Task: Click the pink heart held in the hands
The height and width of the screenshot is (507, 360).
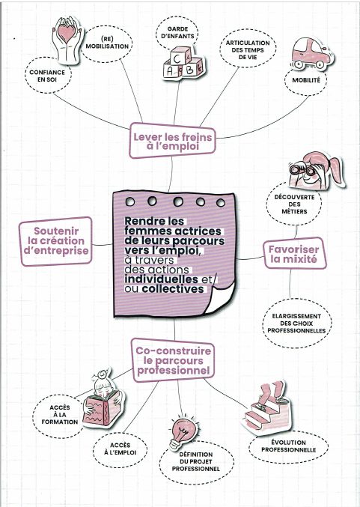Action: coord(67,33)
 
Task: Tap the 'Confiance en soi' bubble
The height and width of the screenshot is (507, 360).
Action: coord(47,76)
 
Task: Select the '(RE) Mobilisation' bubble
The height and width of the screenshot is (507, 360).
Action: coord(106,43)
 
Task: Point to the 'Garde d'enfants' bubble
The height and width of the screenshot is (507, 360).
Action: coord(177,32)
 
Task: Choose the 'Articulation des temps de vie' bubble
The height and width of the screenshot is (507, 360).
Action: coord(248,49)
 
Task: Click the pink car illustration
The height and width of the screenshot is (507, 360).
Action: coord(311,54)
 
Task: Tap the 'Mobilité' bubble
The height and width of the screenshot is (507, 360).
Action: coord(305,80)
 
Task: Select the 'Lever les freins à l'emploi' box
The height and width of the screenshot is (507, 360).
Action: coord(173,142)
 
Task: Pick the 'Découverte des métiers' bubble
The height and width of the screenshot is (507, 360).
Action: coord(294,204)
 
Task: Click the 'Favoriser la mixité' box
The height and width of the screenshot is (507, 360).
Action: coord(293,254)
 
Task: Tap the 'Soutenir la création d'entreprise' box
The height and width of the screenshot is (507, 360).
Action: coord(56,241)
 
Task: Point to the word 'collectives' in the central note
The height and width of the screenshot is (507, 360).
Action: coord(173,289)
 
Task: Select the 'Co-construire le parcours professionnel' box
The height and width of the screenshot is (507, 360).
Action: coord(173,360)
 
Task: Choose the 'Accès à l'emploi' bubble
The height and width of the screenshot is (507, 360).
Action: coord(120,449)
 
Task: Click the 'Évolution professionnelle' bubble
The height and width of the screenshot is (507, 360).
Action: coord(288,446)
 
